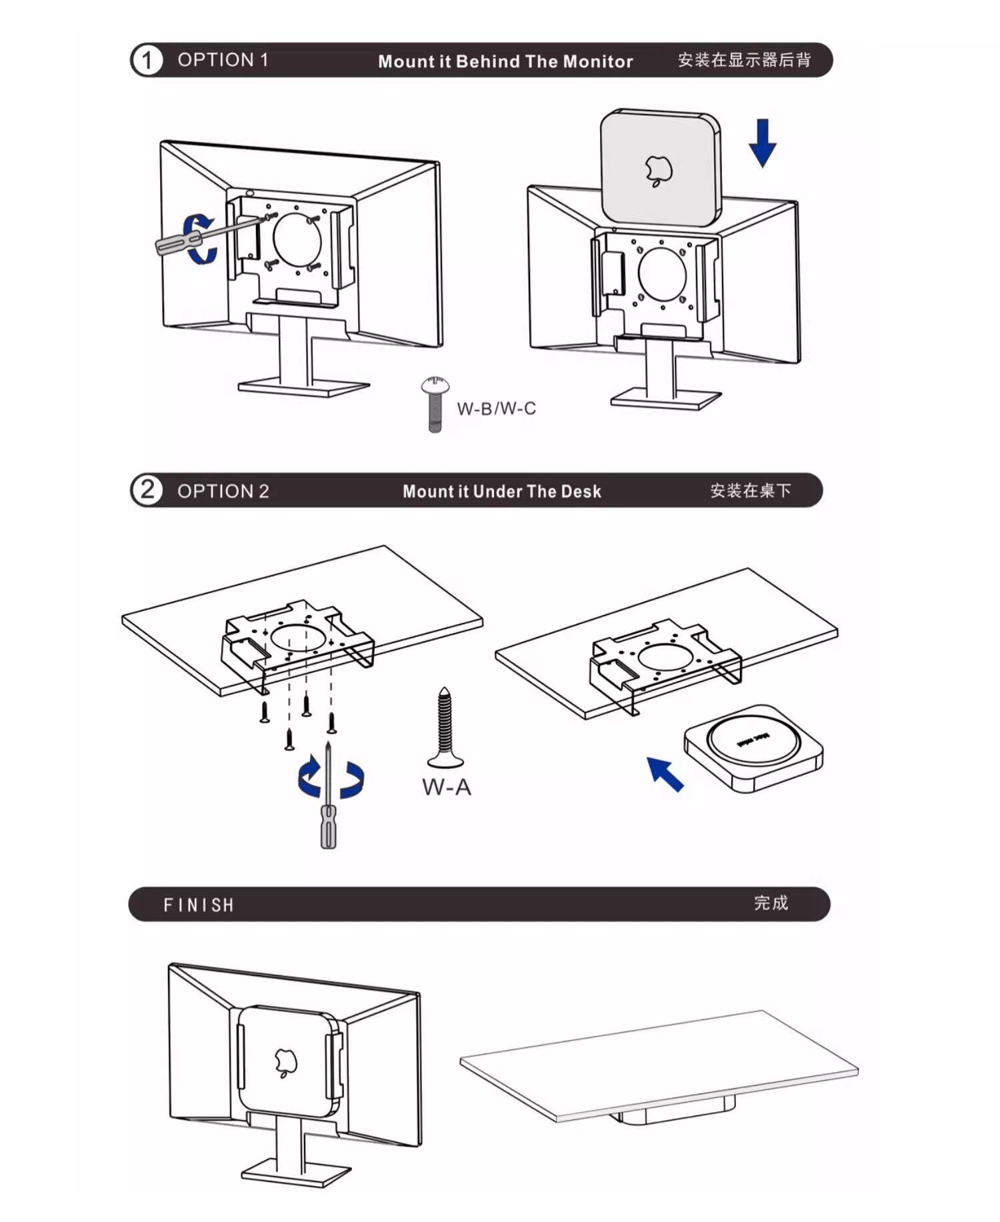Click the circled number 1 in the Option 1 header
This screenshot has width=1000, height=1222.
147,61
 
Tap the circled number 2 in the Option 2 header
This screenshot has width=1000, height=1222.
147,490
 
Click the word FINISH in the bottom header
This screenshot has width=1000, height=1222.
199,905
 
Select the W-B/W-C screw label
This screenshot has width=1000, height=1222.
496,408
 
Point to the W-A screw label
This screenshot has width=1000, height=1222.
446,787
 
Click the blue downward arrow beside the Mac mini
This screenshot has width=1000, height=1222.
763,143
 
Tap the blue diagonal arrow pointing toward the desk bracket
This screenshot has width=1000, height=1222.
665,774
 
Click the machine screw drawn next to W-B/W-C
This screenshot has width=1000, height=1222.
435,404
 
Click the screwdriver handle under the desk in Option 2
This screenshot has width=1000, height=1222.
329,826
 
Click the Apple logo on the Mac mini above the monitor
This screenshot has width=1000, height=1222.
659,171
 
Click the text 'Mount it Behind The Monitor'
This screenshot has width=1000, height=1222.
505,61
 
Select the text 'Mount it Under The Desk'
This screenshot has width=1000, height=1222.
501,492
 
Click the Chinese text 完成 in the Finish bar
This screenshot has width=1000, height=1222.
771,903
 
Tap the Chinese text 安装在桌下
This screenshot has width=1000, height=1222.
750,491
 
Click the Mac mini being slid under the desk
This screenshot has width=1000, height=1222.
753,748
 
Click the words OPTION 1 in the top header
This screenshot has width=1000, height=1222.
223,60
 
